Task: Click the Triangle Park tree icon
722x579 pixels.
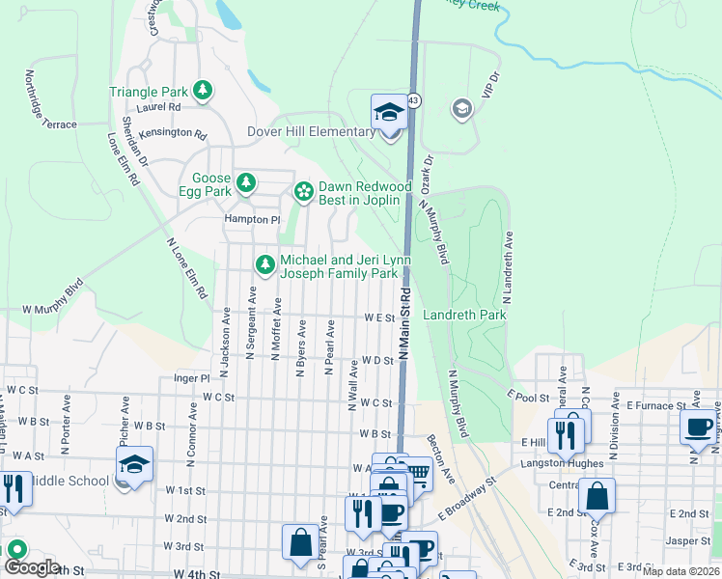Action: click(x=203, y=92)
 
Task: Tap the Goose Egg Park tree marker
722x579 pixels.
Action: click(x=246, y=181)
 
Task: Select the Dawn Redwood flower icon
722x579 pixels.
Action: click(x=304, y=192)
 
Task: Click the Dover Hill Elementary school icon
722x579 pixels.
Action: click(x=388, y=114)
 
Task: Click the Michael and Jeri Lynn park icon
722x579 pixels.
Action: click(x=264, y=263)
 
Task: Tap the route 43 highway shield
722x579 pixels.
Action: click(x=413, y=99)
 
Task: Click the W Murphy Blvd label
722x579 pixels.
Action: click(x=52, y=297)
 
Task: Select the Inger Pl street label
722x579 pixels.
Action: click(x=191, y=379)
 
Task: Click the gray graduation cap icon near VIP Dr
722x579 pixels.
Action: click(x=461, y=107)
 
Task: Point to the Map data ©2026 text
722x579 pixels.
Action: click(x=681, y=571)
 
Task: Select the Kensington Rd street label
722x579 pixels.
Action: click(x=173, y=134)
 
